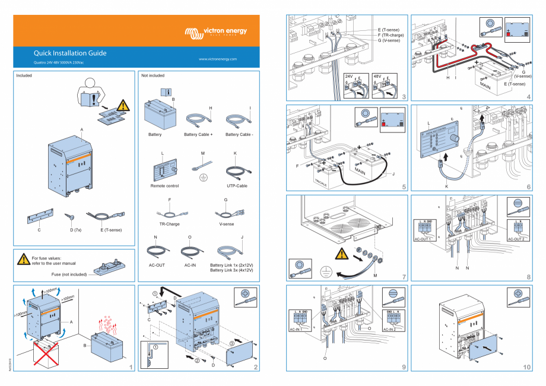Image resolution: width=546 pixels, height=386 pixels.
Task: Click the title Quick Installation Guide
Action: (x=70, y=53)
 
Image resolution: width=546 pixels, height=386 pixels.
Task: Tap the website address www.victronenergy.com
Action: (x=218, y=59)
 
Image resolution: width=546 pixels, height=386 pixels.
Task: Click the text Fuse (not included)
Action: (x=69, y=274)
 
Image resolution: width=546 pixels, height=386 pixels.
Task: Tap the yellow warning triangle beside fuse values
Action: (x=23, y=260)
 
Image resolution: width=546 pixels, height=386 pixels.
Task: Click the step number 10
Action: (x=526, y=367)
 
